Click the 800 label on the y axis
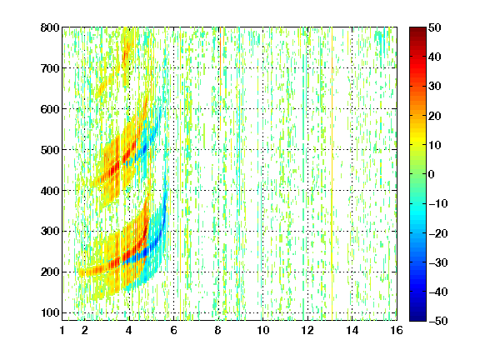coord(50,27)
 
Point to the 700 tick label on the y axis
coord(50,68)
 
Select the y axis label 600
coord(50,109)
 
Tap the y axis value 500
coord(50,150)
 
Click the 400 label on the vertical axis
coord(50,191)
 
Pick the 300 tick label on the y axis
coord(50,231)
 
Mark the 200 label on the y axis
coord(50,272)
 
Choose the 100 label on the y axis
coord(50,312)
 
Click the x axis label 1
coord(62,330)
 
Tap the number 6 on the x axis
coord(174,330)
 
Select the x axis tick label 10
coord(262,330)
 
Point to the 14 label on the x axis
coord(352,330)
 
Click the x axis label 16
coord(397,330)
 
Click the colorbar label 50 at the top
coord(434,27)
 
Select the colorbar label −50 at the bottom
coord(438,321)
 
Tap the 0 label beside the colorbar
coord(432,174)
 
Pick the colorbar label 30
coord(434,86)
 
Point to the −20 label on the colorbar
coord(438,233)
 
